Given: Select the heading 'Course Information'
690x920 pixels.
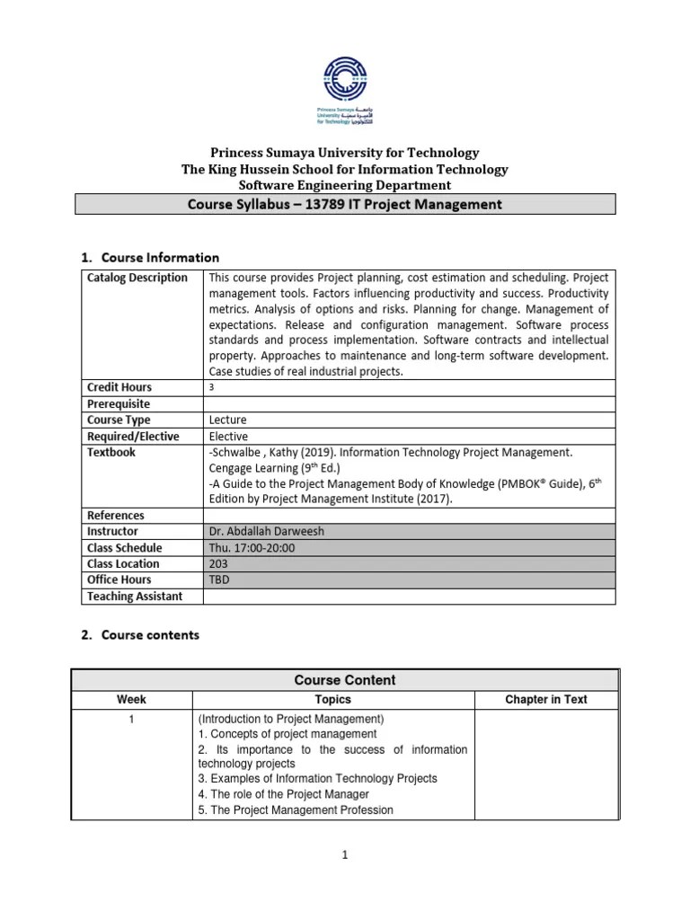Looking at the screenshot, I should click(160, 258).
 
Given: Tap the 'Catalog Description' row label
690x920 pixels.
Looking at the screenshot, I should click(137, 278).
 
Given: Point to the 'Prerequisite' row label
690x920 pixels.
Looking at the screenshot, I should click(119, 403).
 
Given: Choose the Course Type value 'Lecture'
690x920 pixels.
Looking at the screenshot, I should click(227, 420).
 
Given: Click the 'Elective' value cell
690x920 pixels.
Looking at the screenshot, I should click(229, 436).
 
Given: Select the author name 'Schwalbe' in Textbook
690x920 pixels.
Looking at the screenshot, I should click(239, 452).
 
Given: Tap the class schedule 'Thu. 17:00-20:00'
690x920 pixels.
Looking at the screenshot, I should click(252, 548).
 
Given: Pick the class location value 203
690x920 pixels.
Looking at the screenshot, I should click(218, 564).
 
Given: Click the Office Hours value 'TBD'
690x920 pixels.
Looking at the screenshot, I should click(218, 580).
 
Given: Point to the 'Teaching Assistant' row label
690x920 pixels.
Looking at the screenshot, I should click(135, 597).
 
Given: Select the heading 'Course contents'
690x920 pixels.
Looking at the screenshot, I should click(150, 635).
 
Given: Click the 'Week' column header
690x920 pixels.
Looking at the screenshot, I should click(131, 700).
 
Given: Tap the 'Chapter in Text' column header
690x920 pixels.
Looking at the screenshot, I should click(546, 700).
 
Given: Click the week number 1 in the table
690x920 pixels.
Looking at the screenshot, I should click(131, 719).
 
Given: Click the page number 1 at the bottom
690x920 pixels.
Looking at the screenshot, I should click(345, 856).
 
